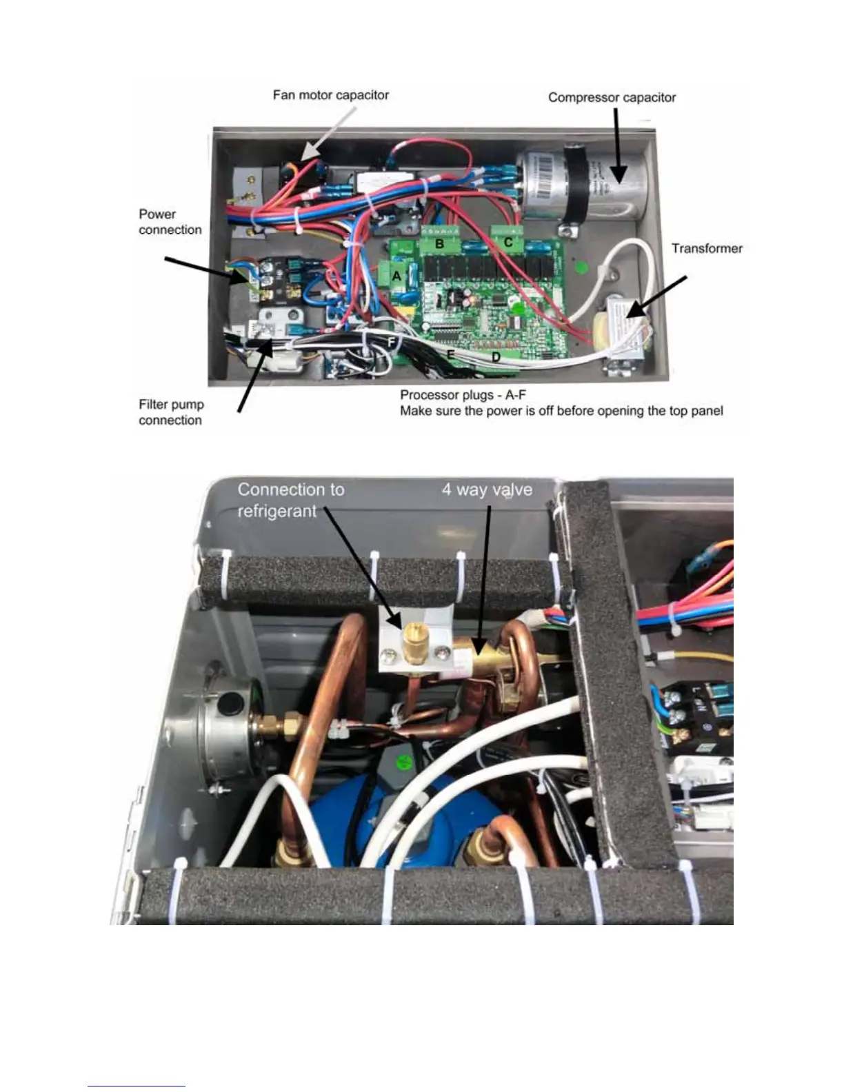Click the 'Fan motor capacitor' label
pyautogui.click(x=330, y=95)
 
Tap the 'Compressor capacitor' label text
pyautogui.click(x=612, y=98)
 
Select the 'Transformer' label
pyautogui.click(x=707, y=248)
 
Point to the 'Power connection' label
pyautogui.click(x=170, y=222)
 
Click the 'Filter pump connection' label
pyautogui.click(x=171, y=412)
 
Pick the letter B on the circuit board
pyautogui.click(x=439, y=244)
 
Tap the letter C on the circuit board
pyautogui.click(x=508, y=243)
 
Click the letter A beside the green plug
pyautogui.click(x=396, y=276)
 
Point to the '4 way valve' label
pyautogui.click(x=487, y=490)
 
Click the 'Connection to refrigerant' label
pyautogui.click(x=290, y=501)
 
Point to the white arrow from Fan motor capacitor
pyautogui.click(x=328, y=134)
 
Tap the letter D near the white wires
pyautogui.click(x=495, y=358)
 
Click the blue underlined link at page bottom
pyautogui.click(x=137, y=1086)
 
